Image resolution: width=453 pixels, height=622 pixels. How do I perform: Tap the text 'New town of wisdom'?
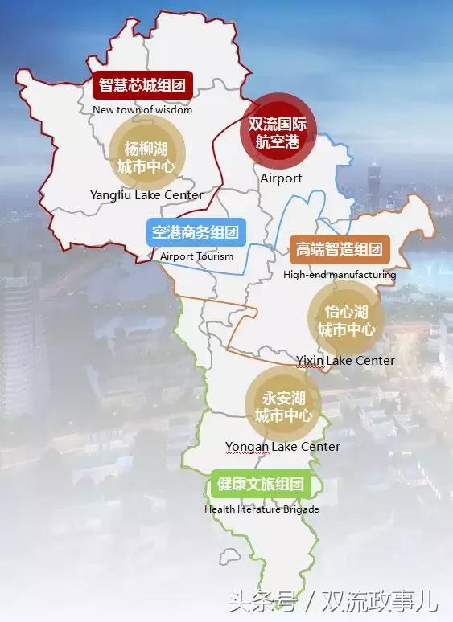142,110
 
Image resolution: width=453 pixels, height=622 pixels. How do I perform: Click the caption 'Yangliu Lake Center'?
147,194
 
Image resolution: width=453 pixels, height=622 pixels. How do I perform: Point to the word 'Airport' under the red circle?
281,178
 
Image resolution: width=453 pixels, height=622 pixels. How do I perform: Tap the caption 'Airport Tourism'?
196,256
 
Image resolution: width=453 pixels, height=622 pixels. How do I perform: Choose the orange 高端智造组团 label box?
339,249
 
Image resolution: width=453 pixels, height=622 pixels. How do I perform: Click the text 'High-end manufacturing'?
340,275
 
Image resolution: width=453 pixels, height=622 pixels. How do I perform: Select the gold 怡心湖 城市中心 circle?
346,321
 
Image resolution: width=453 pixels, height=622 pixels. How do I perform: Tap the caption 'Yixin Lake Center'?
345,360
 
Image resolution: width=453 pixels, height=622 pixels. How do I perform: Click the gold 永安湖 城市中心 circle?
283,406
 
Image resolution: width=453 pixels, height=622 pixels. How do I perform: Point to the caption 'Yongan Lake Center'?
282,446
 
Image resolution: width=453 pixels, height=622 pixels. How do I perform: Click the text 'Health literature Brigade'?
262,509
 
